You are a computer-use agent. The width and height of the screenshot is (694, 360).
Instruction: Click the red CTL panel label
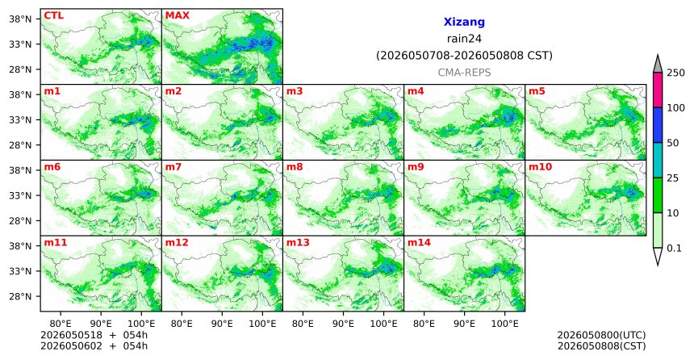53,15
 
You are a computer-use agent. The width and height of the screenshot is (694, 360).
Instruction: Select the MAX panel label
177,15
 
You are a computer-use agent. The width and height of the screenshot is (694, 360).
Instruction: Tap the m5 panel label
537,91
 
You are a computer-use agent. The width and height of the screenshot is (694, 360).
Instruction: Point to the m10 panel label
540,167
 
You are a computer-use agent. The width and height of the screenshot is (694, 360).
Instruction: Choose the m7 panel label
173,167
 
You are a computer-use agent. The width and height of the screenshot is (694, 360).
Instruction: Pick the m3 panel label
295,91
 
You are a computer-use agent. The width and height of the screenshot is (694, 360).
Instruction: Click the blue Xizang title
464,22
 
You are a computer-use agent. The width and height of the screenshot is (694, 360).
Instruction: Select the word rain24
464,39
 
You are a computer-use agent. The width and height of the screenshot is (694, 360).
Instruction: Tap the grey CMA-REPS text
464,73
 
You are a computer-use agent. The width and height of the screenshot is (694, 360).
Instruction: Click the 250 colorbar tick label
675,73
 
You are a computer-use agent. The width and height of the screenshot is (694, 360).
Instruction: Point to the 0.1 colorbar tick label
674,248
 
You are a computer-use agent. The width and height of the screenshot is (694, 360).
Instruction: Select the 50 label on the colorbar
673,143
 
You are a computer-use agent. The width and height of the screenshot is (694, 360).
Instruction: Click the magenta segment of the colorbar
658,90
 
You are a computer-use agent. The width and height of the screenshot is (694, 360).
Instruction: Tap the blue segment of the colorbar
658,125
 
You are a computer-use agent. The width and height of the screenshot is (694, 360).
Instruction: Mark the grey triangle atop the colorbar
658,65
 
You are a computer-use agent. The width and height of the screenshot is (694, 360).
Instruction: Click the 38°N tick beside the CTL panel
20,19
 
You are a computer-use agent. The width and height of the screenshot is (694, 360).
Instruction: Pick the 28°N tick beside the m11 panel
20,296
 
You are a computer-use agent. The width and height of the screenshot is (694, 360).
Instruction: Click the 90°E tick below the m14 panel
464,324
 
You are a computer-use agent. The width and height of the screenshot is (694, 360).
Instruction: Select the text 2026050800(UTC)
601,335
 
